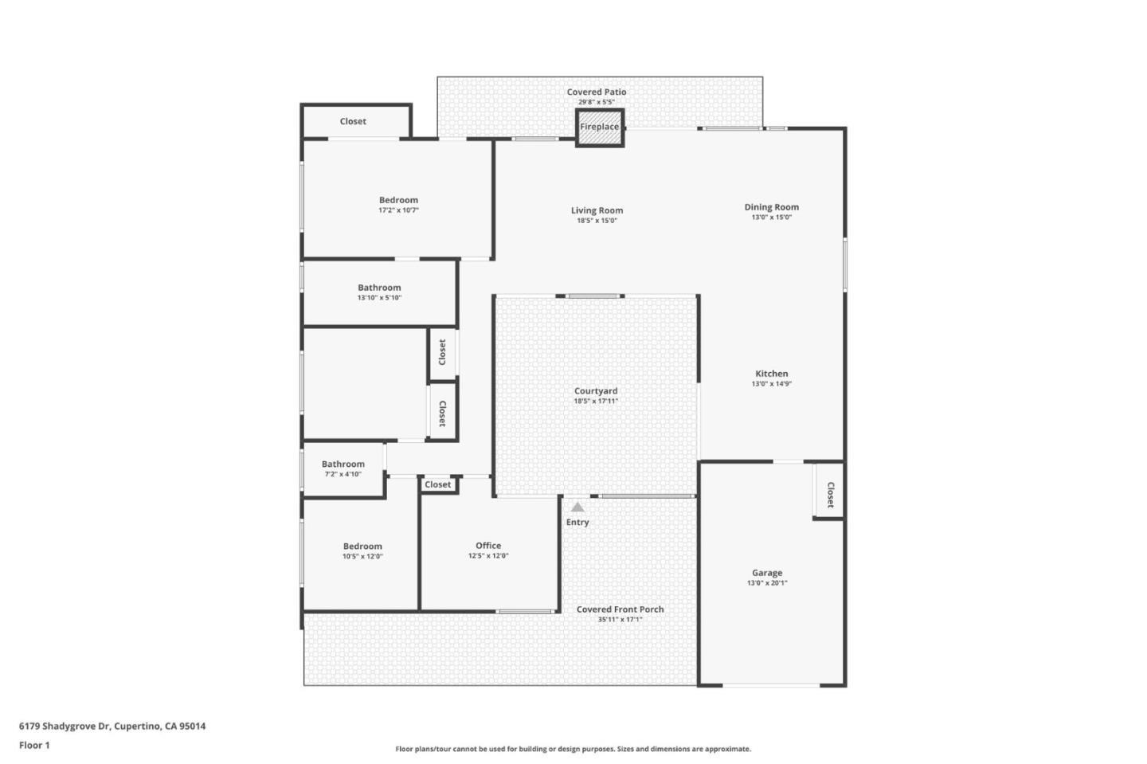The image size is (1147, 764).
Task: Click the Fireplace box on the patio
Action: tap(599, 127)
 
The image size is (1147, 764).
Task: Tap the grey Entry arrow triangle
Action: tap(577, 507)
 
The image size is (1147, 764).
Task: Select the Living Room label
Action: tap(597, 210)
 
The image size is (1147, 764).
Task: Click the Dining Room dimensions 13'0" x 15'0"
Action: tap(771, 217)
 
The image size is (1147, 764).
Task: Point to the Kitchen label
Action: tap(771, 374)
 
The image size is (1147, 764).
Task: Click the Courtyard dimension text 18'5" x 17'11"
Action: tap(596, 402)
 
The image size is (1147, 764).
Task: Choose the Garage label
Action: tap(767, 573)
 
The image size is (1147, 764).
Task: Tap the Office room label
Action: tap(488, 546)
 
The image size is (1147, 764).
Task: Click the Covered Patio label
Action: tap(597, 92)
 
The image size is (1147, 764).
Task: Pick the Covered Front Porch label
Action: tap(620, 609)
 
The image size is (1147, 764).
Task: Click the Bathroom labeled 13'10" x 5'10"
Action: tap(379, 292)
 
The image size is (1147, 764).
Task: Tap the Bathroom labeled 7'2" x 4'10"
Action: tap(343, 468)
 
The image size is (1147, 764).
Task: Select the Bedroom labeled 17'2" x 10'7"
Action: tap(398, 205)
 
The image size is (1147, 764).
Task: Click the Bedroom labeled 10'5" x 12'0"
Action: tap(362, 551)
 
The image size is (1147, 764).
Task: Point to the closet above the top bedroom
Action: tap(353, 121)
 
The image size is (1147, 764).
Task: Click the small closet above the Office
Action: tap(437, 484)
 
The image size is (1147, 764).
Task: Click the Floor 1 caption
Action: tap(34, 745)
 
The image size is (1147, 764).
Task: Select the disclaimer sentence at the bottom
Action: tap(573, 749)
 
